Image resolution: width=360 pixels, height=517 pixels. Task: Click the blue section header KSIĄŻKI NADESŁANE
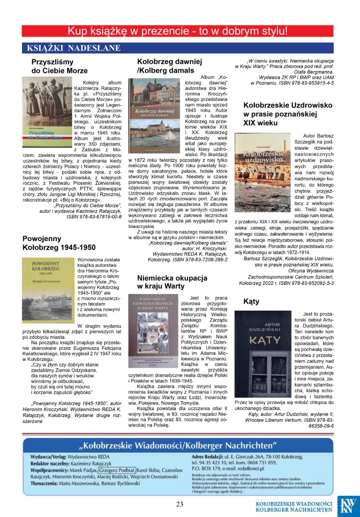(x=74, y=48)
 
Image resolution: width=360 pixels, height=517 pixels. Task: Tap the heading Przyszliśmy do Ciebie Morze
(x=60, y=66)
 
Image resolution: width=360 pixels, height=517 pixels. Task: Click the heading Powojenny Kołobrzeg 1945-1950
(x=59, y=243)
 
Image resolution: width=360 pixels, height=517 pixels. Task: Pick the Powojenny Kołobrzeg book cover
(x=47, y=290)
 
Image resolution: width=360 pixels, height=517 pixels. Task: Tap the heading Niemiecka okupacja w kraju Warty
(x=172, y=281)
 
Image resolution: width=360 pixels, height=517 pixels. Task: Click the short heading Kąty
(x=251, y=302)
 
